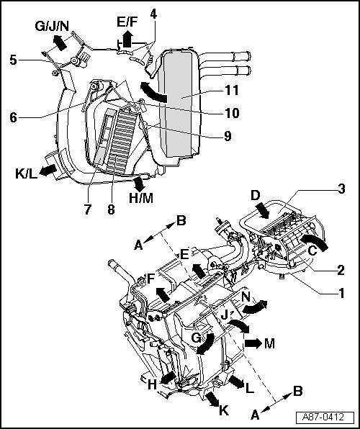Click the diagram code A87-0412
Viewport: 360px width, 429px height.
coord(324,417)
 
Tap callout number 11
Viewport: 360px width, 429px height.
coord(231,90)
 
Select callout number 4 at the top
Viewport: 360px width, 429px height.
coord(153,14)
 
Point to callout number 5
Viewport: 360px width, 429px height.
coord(13,60)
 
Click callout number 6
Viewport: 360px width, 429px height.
coord(13,117)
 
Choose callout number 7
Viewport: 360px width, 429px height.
coord(87,210)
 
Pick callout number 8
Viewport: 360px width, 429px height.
coord(111,210)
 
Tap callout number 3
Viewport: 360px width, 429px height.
coord(341,189)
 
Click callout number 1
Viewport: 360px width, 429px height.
coord(341,293)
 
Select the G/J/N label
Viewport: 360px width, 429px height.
coord(52,26)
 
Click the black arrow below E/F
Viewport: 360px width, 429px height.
coord(127,39)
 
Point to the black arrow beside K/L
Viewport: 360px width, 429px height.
coord(48,170)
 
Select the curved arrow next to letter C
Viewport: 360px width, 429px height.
coord(314,242)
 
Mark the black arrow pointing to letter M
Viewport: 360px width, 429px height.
coord(253,343)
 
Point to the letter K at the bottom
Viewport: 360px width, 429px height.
coord(224,410)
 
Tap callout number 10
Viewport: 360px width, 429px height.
coord(232,113)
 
